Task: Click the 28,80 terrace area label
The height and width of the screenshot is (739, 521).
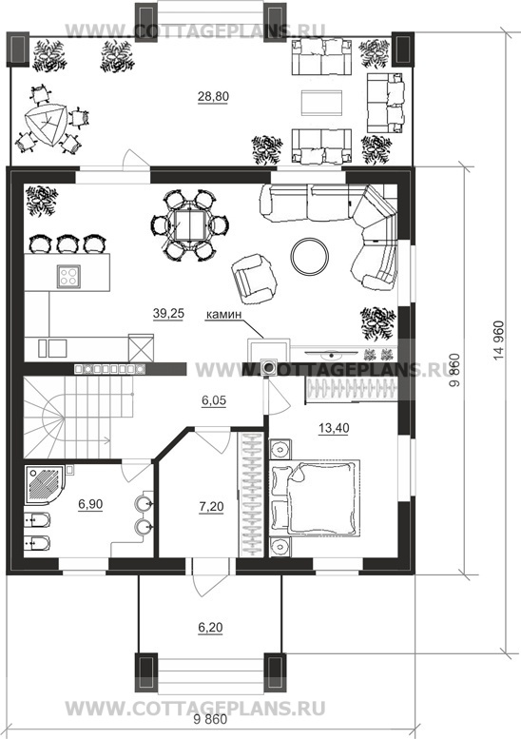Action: tap(213, 97)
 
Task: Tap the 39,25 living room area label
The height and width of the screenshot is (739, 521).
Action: tap(168, 314)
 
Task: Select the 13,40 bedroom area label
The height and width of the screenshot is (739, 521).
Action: tap(334, 428)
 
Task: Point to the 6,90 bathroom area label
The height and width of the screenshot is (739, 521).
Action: tap(90, 504)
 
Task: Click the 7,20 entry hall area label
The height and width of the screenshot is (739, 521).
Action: tap(211, 507)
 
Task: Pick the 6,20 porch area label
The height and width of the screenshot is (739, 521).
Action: tap(210, 628)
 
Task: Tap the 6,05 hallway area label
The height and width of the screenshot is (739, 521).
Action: tap(214, 400)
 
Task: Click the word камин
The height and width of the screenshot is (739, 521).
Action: tap(223, 315)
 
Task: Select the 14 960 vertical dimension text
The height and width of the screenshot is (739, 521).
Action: tap(499, 340)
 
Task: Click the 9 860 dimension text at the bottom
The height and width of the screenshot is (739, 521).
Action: tap(210, 720)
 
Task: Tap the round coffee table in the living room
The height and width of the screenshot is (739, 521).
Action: tap(310, 256)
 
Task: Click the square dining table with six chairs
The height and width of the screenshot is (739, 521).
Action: tap(190, 225)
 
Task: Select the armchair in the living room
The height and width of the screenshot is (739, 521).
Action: tap(254, 278)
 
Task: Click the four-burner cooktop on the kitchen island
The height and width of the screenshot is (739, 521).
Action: tap(68, 276)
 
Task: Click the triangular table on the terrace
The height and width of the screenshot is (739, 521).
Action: tap(47, 125)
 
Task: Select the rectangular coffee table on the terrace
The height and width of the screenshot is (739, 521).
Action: tap(322, 103)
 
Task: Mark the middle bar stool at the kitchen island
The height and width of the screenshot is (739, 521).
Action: tap(66, 243)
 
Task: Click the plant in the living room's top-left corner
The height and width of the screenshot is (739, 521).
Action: tap(42, 201)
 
